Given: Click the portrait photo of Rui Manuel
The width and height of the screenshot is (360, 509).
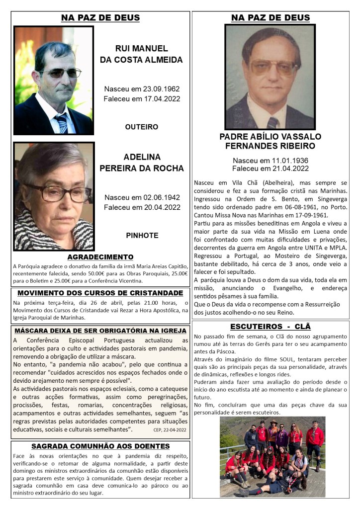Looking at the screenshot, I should point(54,81).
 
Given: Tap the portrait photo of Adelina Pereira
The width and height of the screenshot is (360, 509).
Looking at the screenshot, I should point(54,196).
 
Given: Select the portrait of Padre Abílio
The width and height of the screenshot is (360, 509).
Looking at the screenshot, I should point(270,77).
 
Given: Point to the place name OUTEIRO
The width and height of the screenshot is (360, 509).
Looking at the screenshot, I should point(142,127).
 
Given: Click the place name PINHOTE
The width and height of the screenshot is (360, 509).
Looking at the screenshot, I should point(142,235).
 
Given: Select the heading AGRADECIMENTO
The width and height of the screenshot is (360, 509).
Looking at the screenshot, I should point(100,257).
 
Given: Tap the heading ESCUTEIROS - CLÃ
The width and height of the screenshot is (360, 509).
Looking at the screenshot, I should point(270,327).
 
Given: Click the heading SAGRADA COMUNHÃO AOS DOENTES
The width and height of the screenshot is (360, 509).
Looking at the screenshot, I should point(100,446).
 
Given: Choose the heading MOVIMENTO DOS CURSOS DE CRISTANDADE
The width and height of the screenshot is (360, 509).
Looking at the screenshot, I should point(100,293).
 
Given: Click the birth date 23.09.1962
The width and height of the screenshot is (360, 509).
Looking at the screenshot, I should point(158,89).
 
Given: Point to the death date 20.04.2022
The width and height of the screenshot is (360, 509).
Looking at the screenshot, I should point(159,207).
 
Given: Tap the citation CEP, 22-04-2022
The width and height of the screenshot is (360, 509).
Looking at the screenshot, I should point(170,430).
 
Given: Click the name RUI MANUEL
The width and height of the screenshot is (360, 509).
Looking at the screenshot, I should point(142,49).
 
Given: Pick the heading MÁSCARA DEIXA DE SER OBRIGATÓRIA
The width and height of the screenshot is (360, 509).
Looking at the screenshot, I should point(100,331).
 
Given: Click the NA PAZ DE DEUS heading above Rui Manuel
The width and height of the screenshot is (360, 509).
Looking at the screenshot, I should point(100,18).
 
